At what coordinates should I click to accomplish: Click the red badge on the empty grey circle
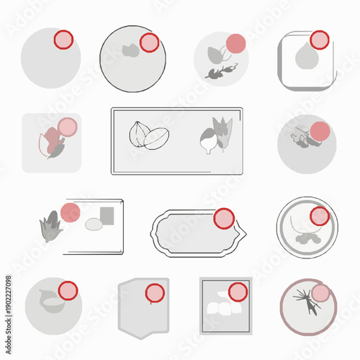[x=64, y=40]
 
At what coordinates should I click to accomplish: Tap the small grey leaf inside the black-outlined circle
[x=130, y=50]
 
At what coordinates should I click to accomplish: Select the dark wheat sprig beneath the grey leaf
[x=221, y=71]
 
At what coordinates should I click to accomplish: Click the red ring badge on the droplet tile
[x=319, y=40]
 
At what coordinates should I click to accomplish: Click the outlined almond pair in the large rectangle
[x=148, y=135]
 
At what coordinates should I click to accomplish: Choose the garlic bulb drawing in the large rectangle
[x=209, y=140]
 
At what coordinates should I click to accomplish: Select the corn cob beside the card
[x=50, y=225]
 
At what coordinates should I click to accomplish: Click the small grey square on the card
[x=107, y=214]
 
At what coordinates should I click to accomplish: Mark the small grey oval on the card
[x=93, y=225]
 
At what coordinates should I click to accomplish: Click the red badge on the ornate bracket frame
[x=224, y=218]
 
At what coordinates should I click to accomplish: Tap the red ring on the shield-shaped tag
[x=155, y=292]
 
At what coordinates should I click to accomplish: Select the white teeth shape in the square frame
[x=224, y=308]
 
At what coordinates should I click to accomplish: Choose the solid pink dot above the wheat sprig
[x=235, y=44]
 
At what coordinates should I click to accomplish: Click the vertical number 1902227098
[x=8, y=303]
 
